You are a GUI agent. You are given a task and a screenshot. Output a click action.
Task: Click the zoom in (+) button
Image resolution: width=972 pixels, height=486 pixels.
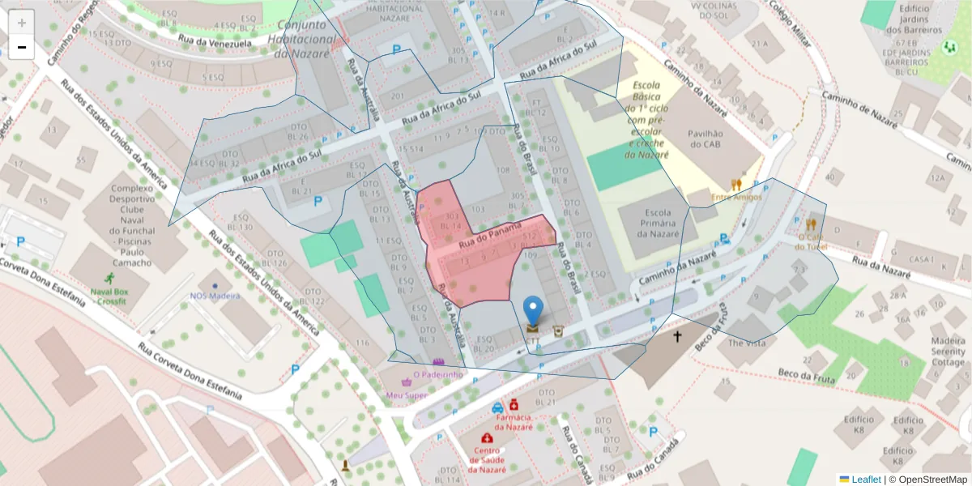point(22,22)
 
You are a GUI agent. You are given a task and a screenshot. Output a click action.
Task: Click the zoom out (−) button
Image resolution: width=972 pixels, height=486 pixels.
point(22,47)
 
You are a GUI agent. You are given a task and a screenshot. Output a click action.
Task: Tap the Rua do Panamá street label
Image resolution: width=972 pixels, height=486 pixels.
point(488,235)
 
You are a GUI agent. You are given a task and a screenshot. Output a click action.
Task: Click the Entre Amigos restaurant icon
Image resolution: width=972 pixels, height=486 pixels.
point(735,185)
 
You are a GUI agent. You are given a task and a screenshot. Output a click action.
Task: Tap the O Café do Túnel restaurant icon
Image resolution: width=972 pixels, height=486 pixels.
point(811,224)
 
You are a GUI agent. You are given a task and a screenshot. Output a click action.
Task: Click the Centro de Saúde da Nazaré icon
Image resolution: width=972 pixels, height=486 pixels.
point(487,438)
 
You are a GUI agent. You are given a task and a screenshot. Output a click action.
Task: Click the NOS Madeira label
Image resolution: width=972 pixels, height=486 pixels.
point(215,296)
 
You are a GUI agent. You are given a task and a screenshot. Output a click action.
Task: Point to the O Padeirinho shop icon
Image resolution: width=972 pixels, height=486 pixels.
point(438,361)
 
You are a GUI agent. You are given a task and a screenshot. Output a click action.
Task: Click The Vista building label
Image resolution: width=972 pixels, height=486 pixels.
point(746,343)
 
